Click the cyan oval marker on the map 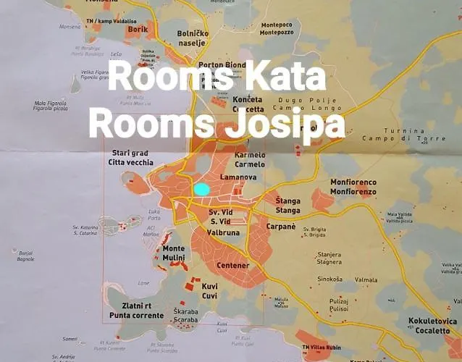[201, 190]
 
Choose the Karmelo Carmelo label [251, 159]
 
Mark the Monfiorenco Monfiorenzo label [353, 187]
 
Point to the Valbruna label [223, 233]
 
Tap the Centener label [233, 266]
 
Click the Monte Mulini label [173, 253]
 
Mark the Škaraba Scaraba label [186, 316]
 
